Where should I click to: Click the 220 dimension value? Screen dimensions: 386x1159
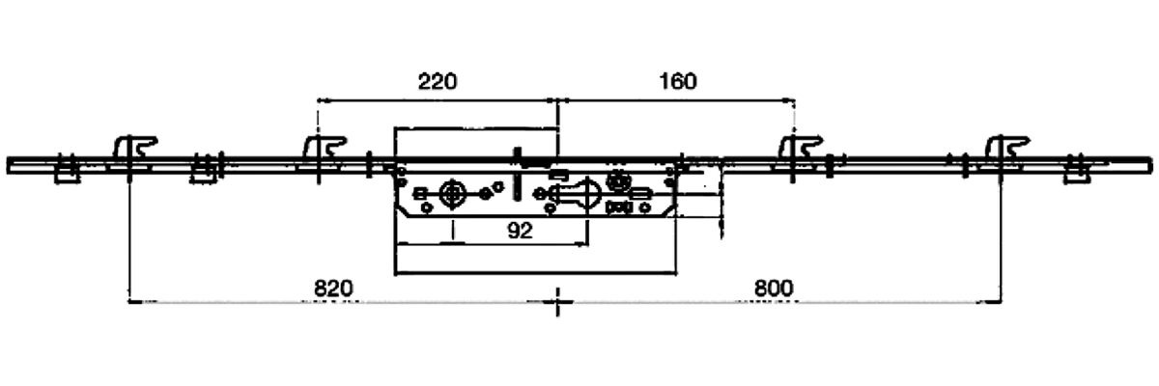[x=437, y=81]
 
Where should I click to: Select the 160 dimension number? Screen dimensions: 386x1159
[x=677, y=81]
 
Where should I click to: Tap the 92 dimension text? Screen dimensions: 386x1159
[x=521, y=231]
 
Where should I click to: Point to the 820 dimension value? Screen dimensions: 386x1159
[x=333, y=288]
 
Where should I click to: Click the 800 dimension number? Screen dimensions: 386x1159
[x=773, y=288]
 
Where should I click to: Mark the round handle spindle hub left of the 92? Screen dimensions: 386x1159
[x=451, y=193]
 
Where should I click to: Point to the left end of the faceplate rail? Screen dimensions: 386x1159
[x=10, y=164]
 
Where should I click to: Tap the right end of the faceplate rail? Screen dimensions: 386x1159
[x=1149, y=164]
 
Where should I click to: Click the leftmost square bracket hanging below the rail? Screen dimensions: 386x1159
[x=66, y=174]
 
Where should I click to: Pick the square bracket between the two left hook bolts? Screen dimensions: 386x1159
[x=202, y=173]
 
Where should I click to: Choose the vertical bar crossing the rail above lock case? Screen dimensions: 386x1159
[x=519, y=159]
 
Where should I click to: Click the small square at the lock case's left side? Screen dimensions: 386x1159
[x=419, y=194]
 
